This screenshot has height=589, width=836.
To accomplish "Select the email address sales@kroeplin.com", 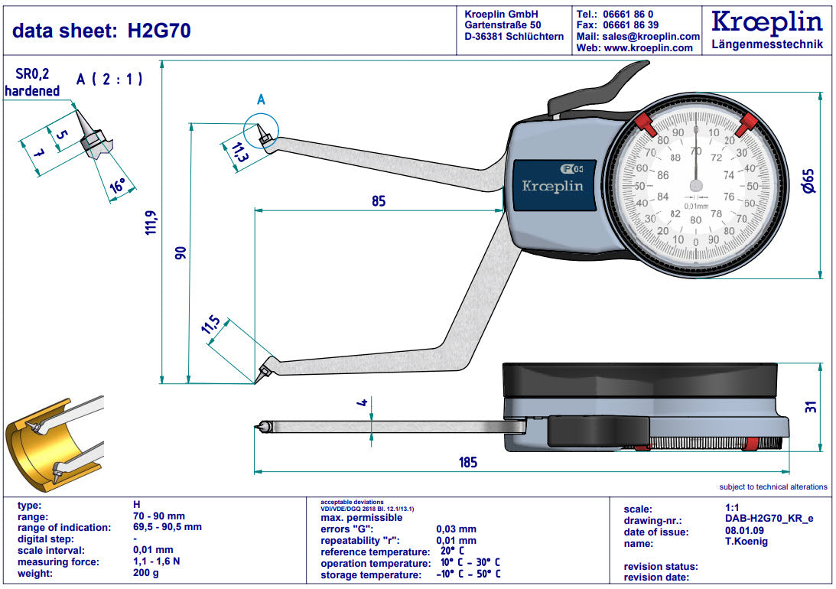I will pos(649,36).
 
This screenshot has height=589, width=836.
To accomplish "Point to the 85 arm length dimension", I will pos(378,201).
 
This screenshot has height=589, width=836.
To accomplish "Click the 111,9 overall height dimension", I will pos(151,222).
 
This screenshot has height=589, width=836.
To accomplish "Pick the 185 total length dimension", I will pos(467,462).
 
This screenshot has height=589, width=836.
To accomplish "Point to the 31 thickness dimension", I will pos(812,407).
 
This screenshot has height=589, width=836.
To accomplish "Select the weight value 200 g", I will pos(145,574).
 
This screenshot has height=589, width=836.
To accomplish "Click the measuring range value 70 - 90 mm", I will pos(159,516).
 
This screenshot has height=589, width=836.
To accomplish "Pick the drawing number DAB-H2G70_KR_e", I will pos(768,519).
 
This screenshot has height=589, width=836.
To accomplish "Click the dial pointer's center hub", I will pos(696,186).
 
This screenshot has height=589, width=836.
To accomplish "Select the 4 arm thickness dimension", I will pos(363,402).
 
